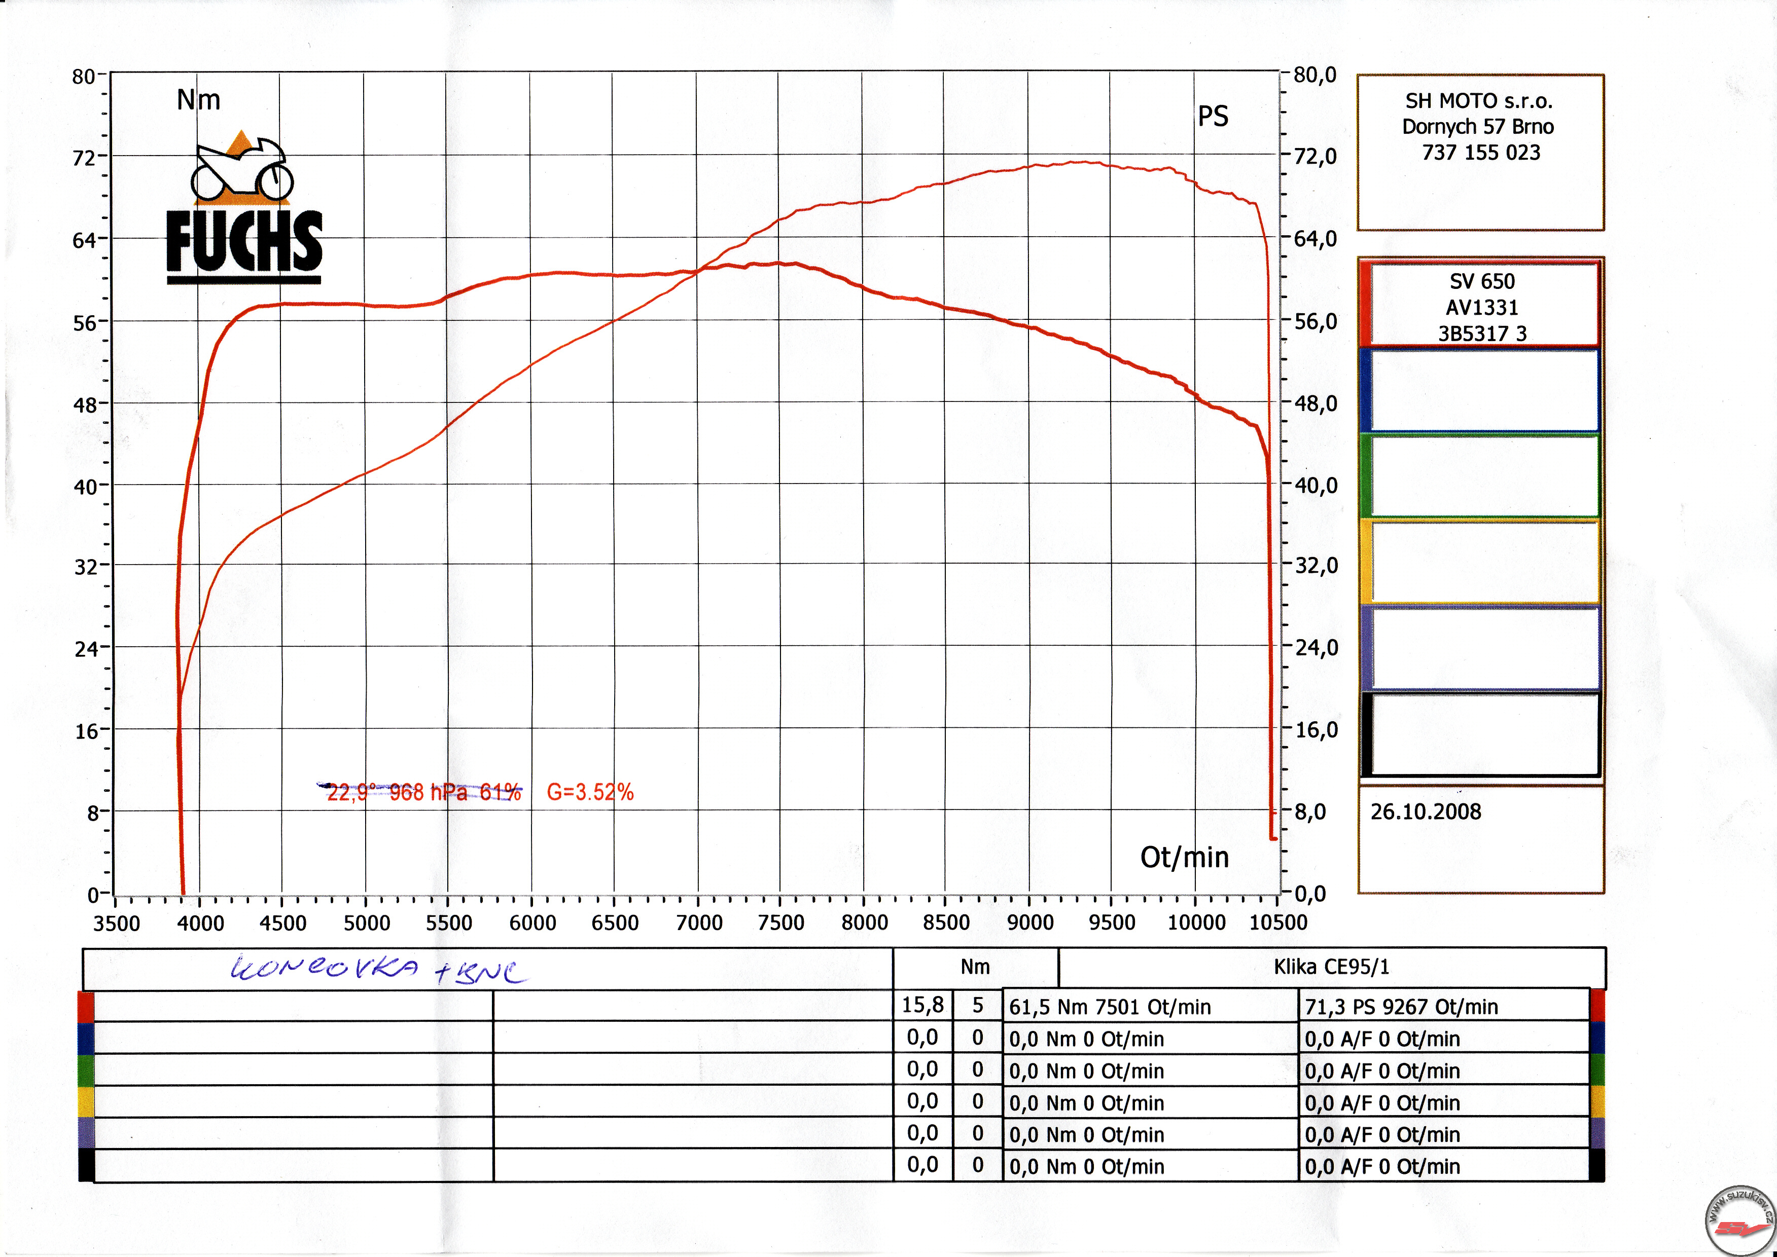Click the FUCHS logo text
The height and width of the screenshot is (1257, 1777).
(244, 241)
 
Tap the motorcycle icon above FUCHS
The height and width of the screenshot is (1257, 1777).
(241, 169)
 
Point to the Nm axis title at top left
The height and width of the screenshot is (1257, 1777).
(198, 100)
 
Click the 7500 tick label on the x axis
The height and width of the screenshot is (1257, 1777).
(780, 922)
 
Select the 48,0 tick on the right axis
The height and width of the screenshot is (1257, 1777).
(1316, 403)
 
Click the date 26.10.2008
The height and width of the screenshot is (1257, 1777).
(1426, 812)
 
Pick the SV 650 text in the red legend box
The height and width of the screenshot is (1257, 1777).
(1482, 282)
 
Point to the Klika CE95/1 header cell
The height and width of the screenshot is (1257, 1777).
(1331, 967)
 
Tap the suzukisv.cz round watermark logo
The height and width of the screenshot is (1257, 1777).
(1740, 1221)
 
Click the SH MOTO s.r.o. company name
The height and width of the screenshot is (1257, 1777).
(1479, 101)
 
